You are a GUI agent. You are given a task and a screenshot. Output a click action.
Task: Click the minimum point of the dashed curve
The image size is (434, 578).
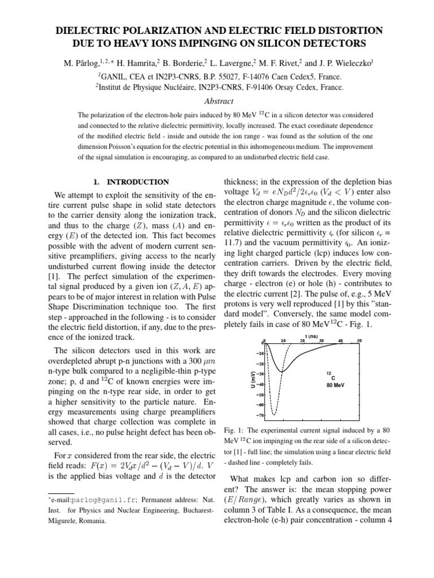[274, 415]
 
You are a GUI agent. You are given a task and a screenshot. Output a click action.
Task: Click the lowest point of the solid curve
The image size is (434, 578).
[283, 371]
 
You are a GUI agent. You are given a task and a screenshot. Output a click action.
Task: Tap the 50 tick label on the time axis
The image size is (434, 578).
[359, 341]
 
